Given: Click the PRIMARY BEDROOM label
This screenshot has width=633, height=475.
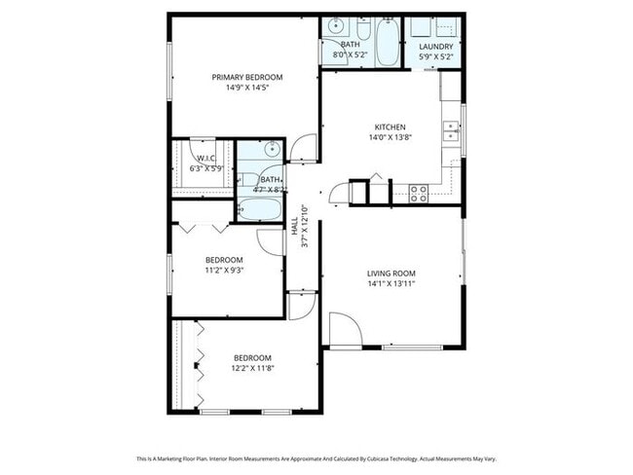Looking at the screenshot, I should coord(247,77).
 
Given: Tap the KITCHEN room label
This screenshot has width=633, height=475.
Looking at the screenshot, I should coord(390,127).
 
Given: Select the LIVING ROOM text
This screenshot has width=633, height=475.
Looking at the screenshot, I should coord(391,274).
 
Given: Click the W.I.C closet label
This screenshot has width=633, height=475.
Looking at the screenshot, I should coord(205,158).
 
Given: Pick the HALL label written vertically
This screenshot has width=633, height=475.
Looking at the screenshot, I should coord(295,227).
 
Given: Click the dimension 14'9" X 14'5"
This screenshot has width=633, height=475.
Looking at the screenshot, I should coord(247,88).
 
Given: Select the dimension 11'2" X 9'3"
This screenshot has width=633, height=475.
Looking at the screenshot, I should coord(224,271).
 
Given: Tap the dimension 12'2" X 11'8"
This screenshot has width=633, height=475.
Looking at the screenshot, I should coord(251,369).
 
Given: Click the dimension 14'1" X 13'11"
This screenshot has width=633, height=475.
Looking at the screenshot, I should coord(391,284).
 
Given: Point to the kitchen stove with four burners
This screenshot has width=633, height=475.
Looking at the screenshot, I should coord(419,194).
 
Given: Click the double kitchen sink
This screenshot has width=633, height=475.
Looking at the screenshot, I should coord(451,131).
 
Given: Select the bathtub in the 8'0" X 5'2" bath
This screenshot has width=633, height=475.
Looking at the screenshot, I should coord(386,41).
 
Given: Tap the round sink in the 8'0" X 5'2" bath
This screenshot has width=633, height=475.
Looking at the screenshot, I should coord(334,26).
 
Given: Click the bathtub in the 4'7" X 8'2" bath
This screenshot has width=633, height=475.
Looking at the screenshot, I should coord(260,207).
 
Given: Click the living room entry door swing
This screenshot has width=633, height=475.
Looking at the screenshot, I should coord(341,331).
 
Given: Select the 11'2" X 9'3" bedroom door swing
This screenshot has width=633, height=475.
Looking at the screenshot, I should coord(270,241).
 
